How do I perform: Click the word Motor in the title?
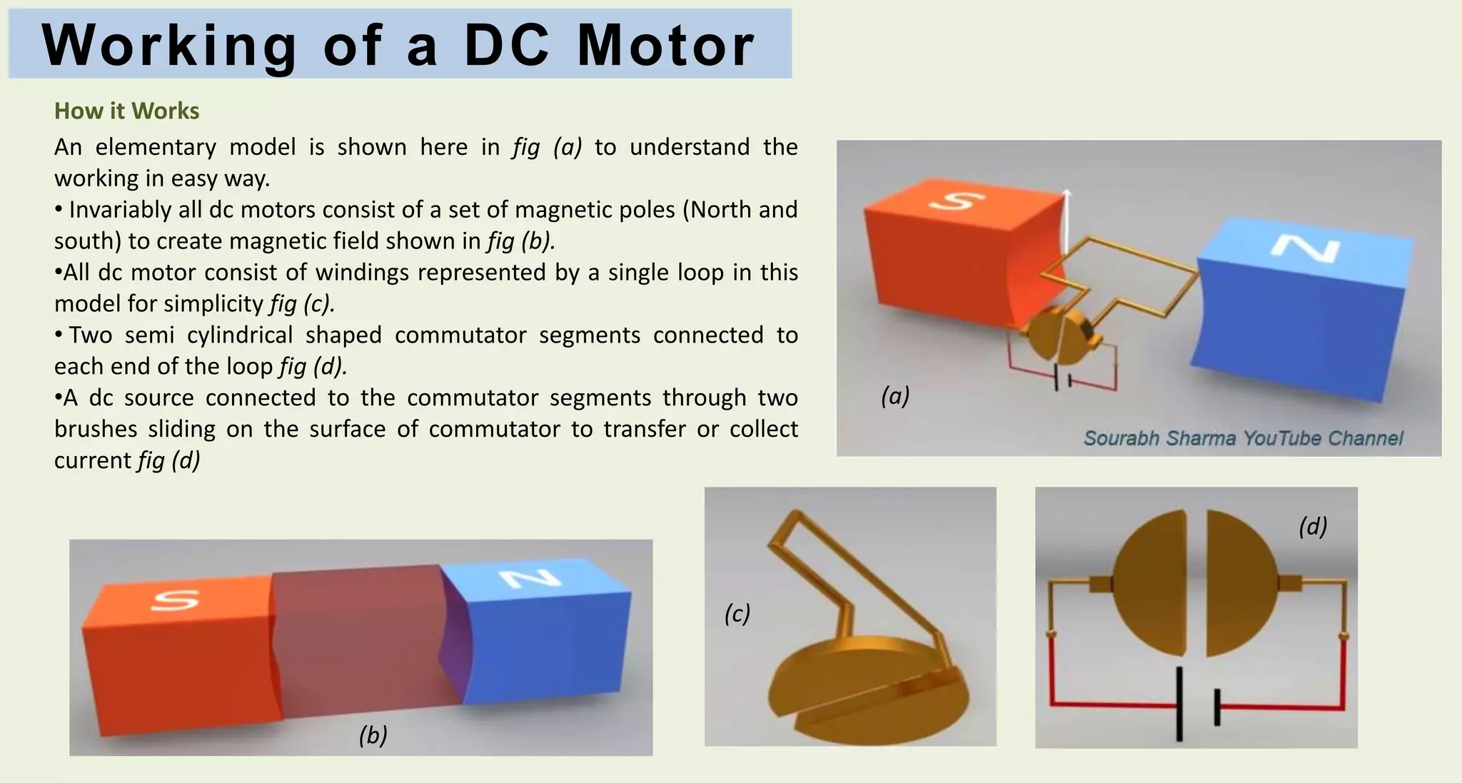click(665, 46)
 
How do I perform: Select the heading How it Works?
click(126, 111)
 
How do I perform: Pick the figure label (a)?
click(895, 395)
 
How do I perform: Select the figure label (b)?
click(373, 734)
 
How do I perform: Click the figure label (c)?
click(737, 613)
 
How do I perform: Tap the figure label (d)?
click(1313, 526)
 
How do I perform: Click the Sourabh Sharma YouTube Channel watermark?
click(1243, 438)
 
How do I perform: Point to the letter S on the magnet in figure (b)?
click(174, 600)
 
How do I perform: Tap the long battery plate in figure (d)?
click(1179, 704)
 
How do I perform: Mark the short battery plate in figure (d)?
click(1217, 707)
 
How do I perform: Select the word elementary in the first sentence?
click(156, 147)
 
